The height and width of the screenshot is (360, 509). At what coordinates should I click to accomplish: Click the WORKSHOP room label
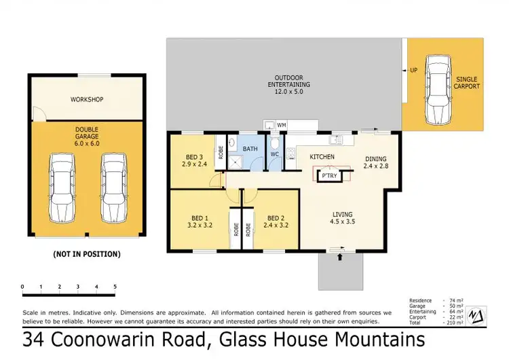(x=87, y=100)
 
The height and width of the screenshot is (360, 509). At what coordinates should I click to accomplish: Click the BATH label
(x=250, y=148)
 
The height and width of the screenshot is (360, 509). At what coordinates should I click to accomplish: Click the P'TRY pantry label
(x=329, y=176)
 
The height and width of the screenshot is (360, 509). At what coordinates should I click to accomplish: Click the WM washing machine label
(x=282, y=126)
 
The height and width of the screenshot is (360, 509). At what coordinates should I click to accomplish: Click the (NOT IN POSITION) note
(x=86, y=254)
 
